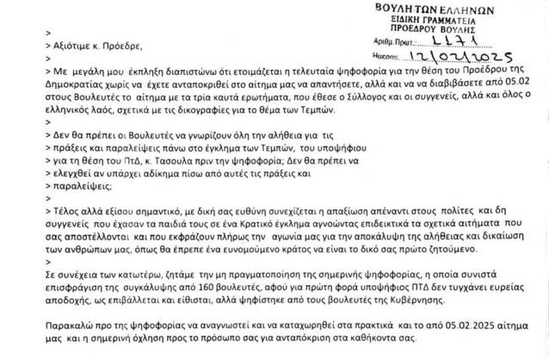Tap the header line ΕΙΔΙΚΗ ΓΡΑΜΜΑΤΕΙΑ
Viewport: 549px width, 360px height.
tap(478, 18)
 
